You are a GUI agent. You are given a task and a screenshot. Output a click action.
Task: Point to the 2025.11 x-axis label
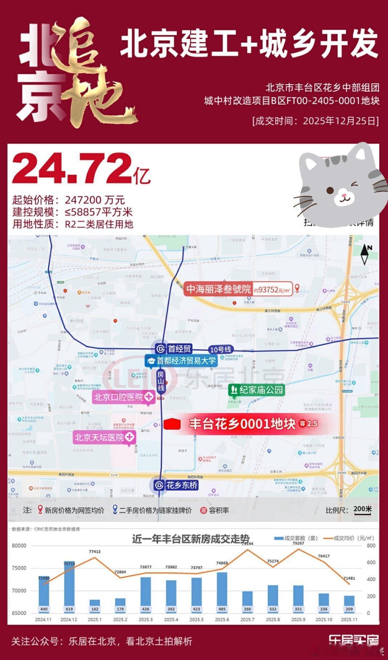349,620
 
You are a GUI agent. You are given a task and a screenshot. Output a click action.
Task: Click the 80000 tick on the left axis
19,545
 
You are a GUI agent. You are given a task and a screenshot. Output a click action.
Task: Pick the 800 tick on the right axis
371,546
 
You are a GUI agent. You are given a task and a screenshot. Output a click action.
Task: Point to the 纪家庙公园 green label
256,390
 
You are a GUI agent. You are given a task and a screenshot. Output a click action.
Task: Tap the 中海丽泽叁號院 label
219,289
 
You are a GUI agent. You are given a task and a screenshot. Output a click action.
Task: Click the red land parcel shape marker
172,424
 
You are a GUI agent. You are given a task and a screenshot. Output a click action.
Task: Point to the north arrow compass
365,254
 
